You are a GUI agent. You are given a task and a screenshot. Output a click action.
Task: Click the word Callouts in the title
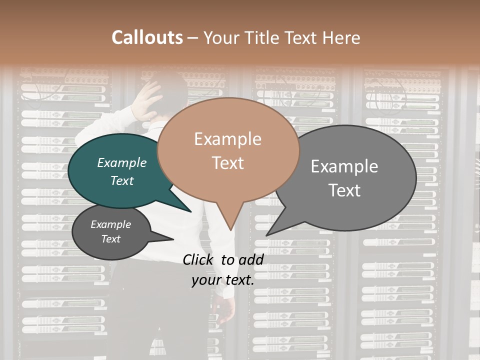click(147, 37)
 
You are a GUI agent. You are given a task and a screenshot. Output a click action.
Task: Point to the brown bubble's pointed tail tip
click(230, 230)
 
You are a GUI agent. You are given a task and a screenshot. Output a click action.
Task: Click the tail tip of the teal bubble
click(191, 211)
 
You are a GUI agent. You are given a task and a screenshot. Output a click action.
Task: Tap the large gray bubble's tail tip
click(267, 235)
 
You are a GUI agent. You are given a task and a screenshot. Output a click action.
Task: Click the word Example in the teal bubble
click(121, 163)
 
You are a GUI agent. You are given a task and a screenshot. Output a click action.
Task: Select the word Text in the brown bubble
click(228, 163)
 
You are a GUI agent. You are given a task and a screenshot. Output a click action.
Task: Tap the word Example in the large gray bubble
click(344, 166)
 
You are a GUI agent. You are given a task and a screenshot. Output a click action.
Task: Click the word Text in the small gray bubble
click(111, 239)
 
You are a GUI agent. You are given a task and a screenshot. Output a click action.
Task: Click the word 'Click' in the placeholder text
click(199, 259)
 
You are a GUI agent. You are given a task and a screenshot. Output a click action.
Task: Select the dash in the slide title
click(193, 38)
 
